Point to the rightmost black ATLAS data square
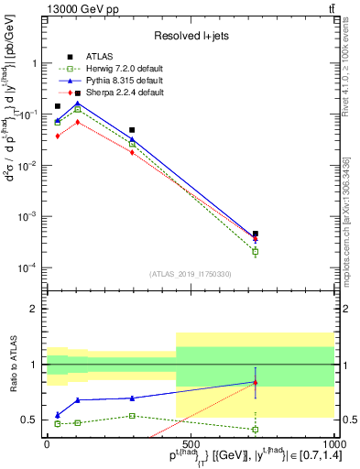tap(256, 234)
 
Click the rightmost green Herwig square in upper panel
tap(256, 251)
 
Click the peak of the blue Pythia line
tap(77, 103)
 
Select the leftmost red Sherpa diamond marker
tap(58, 136)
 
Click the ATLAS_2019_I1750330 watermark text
tap(189, 273)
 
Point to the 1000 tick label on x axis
tap(333, 442)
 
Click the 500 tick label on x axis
tap(190, 442)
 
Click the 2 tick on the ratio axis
tap(36, 309)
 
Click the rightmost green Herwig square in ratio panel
tap(256, 429)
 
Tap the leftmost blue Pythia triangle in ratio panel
tap(58, 415)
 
